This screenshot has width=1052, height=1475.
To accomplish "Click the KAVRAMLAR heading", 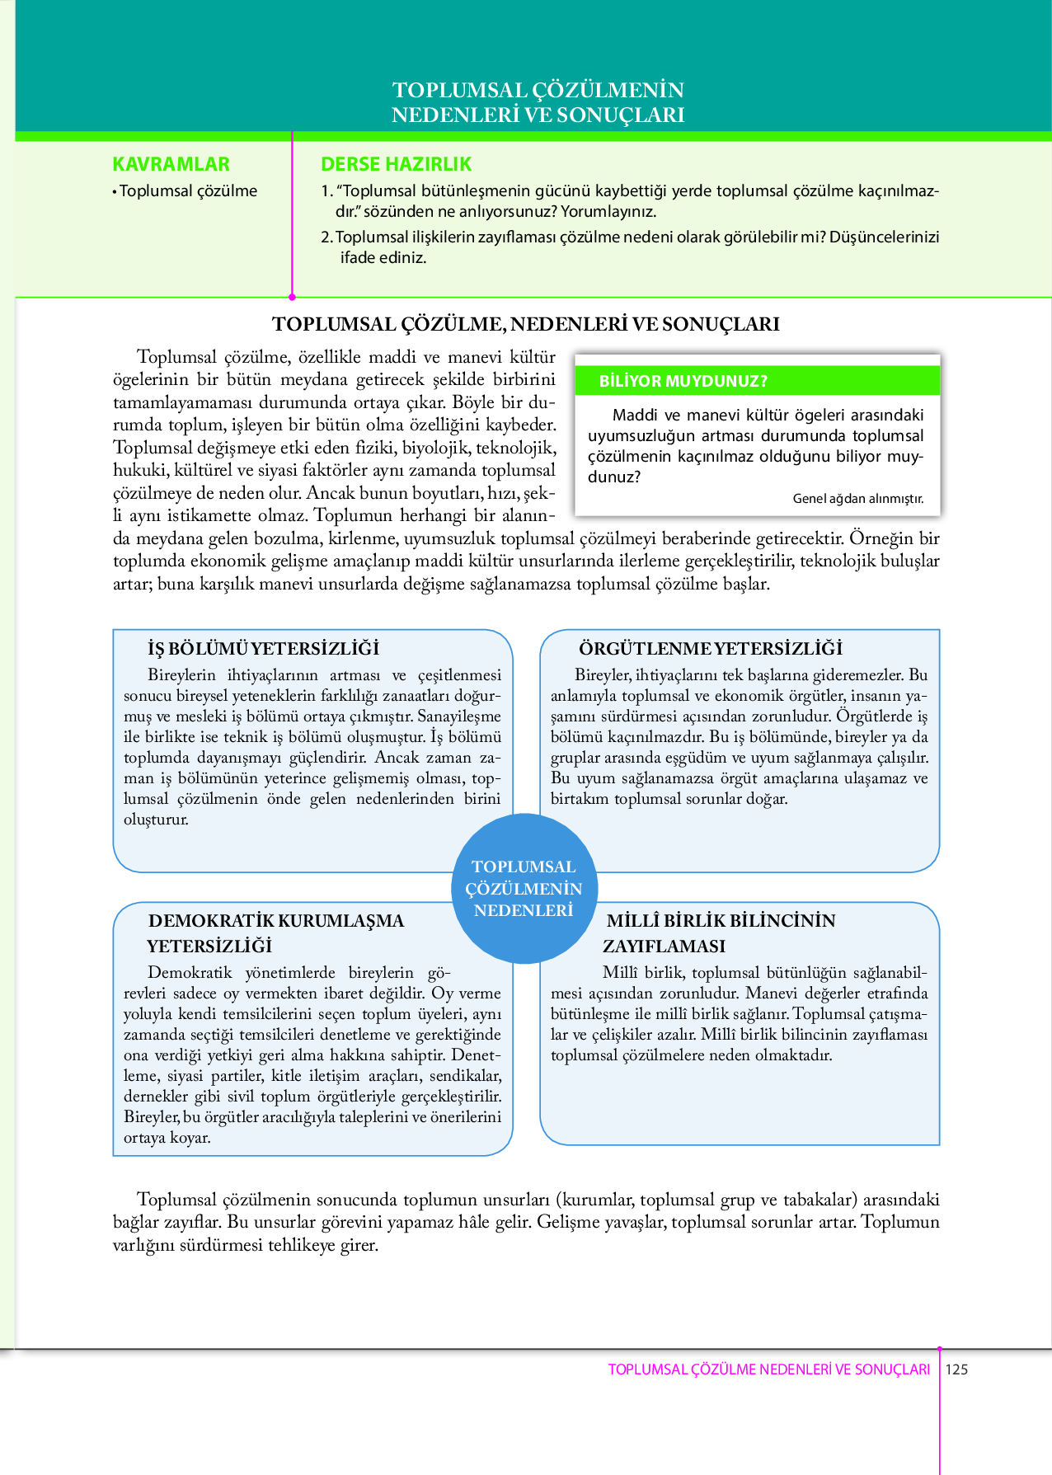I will click(x=171, y=164).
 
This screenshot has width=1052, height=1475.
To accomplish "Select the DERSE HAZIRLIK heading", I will click(x=396, y=164).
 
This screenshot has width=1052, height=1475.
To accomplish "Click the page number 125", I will click(x=956, y=1369).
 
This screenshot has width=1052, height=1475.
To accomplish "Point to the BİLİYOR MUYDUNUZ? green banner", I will click(x=757, y=381).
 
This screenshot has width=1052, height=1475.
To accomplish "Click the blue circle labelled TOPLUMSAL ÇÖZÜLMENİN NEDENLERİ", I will click(x=524, y=889).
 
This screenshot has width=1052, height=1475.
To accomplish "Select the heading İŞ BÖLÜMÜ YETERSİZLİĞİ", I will click(x=263, y=648).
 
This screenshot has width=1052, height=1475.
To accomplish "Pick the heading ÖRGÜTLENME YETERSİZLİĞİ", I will click(x=710, y=648).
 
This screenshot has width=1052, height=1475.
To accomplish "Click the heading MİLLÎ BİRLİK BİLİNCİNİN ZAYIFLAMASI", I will click(x=720, y=932).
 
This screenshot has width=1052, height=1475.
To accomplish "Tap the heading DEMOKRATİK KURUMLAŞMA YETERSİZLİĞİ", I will click(x=275, y=932).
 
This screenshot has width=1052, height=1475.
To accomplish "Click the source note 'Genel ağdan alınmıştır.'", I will click(x=857, y=499).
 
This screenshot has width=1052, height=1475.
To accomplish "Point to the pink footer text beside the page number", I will click(x=768, y=1369).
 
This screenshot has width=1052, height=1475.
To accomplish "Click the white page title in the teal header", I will click(x=538, y=102).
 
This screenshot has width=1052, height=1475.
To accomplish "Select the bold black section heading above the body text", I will click(x=525, y=324).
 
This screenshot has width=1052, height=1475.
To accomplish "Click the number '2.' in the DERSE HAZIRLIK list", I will click(x=326, y=237).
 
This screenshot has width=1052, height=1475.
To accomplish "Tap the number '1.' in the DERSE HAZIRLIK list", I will click(x=326, y=191).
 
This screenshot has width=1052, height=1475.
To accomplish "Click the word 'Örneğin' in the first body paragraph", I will click(x=882, y=538).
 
